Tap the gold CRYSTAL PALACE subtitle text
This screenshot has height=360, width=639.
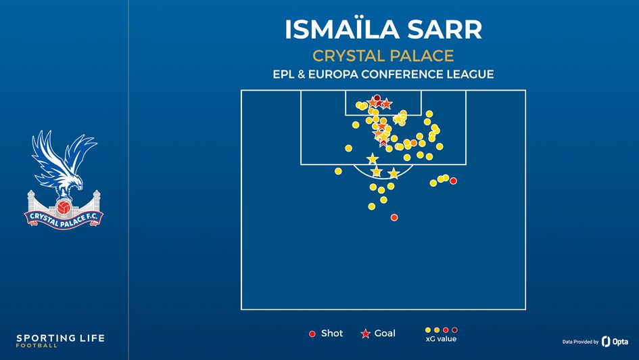pos(383,55)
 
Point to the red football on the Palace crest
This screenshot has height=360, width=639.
pos(64,206)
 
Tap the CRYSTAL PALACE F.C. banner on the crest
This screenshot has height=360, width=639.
pos(64,218)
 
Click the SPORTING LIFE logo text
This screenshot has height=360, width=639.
pos(60,338)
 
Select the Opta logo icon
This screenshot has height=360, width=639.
pos(606,341)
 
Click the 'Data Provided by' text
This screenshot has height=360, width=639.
pos(580,342)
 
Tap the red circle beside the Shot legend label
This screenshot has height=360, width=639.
pos(312,334)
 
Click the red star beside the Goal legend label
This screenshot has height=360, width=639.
pos(366,334)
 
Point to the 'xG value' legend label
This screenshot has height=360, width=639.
pos(441,338)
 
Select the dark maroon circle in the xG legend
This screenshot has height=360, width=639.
pos(454,330)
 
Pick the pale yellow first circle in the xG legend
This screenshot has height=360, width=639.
pos(428,330)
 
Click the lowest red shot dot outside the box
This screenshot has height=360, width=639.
pos(394,217)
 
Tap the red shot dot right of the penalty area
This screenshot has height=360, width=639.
pos(453,181)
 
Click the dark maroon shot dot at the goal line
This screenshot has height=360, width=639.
pos(377,98)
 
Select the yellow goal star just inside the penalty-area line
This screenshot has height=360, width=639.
pos(372,159)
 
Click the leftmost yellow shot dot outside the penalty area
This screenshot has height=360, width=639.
pos(338,171)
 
